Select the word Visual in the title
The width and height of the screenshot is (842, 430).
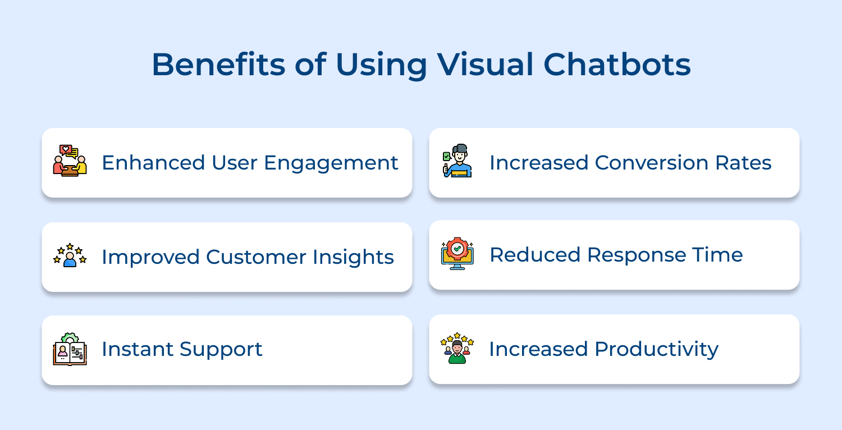pyautogui.click(x=484, y=65)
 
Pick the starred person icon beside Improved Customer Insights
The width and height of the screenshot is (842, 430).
pyautogui.click(x=70, y=255)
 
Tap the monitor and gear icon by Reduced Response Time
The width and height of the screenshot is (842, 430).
pyautogui.click(x=457, y=254)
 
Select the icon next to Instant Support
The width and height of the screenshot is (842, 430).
pyautogui.click(x=70, y=349)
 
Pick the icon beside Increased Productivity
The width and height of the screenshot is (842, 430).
pyautogui.click(x=457, y=348)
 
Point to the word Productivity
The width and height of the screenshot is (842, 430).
pyautogui.click(x=657, y=350)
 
